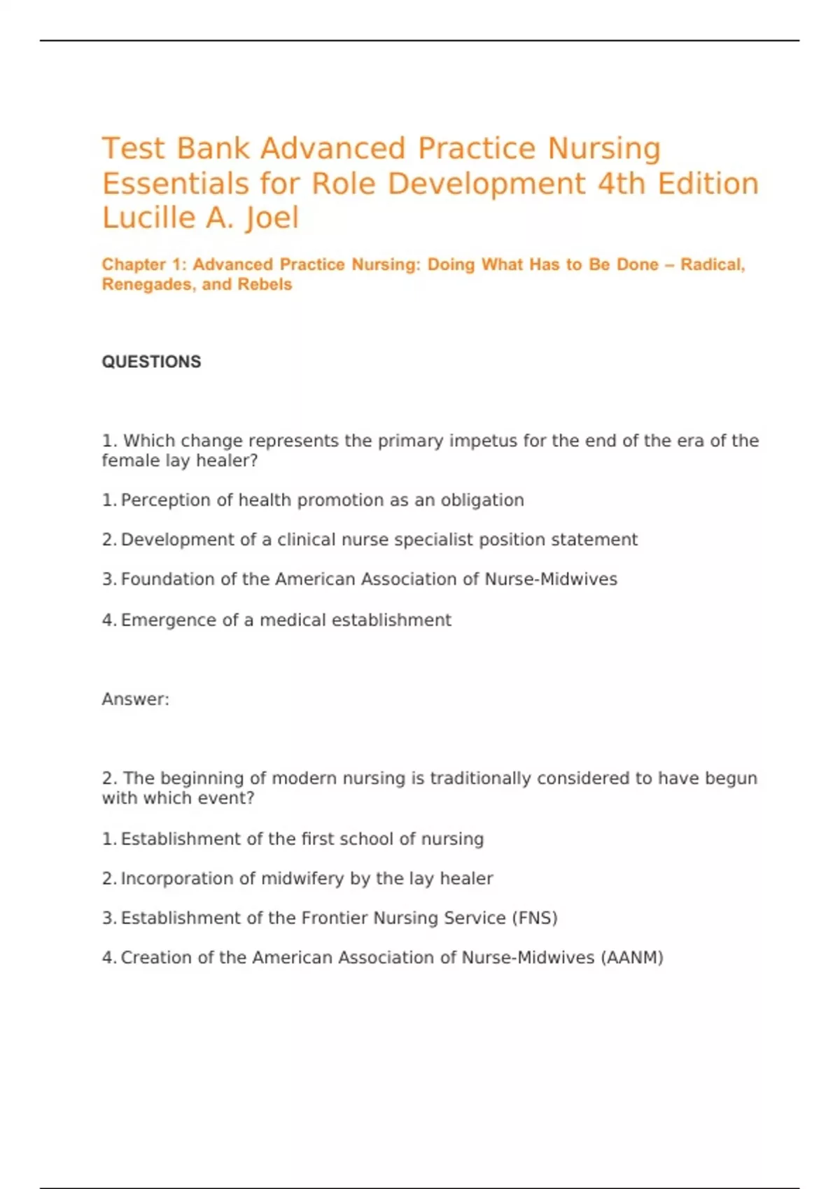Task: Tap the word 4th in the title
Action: point(622,184)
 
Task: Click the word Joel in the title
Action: point(272,218)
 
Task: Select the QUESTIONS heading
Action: point(151,362)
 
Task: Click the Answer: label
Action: point(135,699)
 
